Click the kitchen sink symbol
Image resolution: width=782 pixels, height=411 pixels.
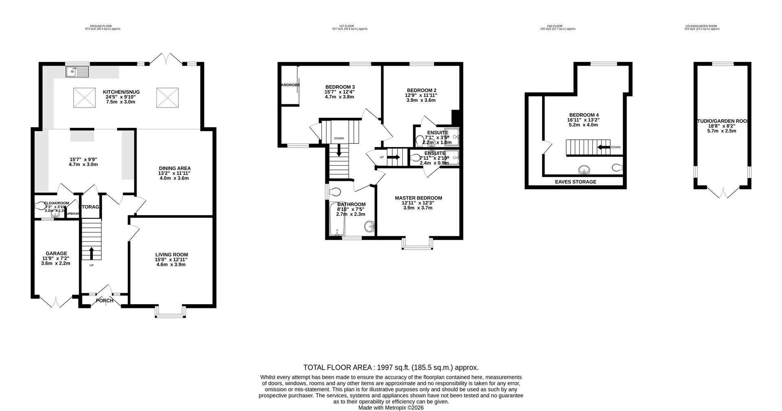[77, 72]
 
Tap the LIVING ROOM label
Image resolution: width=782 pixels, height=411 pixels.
[171, 255]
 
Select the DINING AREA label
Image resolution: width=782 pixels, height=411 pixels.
[174, 168]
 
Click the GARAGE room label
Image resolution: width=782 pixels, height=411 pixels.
[56, 253]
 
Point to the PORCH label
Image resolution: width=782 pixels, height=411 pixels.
[105, 301]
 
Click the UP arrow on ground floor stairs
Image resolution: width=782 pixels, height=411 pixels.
[91, 253]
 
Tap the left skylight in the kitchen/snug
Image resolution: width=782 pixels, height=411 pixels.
[85, 98]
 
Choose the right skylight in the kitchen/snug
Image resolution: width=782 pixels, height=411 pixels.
[167, 98]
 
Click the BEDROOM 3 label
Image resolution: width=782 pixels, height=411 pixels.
[340, 87]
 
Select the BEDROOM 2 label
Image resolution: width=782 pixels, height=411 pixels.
[422, 90]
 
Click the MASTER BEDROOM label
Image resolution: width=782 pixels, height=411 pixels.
[418, 198]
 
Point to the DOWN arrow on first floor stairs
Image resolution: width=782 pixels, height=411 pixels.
[339, 152]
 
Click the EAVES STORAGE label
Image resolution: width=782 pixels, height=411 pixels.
[576, 182]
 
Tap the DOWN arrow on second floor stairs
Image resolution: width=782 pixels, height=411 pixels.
[603, 147]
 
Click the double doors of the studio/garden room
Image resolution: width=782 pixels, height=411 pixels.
[723, 192]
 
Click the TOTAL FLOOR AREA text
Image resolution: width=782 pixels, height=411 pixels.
[391, 367]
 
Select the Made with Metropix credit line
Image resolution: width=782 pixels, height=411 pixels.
[391, 407]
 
